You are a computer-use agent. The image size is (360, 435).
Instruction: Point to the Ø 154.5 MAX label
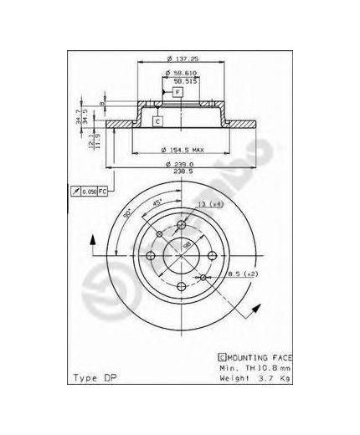179,151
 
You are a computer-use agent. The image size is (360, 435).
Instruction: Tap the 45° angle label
157,202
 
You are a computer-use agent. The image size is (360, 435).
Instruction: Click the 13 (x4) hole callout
210,205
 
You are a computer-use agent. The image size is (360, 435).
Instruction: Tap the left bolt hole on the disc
150,255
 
